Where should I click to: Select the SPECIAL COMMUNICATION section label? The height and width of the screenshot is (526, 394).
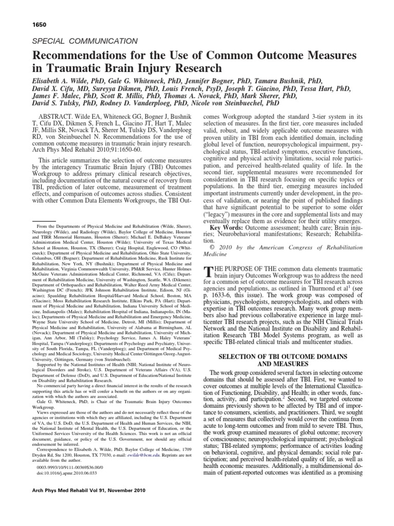click(85, 41)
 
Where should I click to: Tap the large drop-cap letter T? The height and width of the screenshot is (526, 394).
click(209, 272)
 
